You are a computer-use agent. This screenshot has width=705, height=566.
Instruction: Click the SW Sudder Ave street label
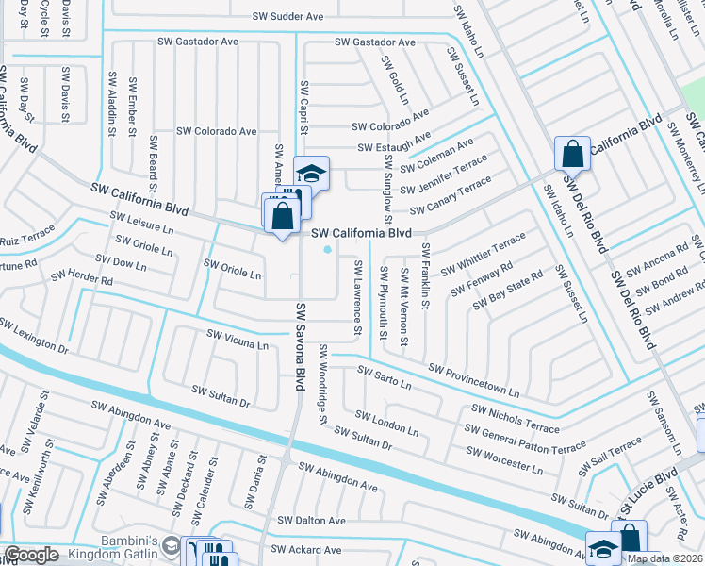[287, 16]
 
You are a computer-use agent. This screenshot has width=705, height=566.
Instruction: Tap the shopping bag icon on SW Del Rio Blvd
[572, 153]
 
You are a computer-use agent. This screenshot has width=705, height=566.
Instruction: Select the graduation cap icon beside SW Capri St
[311, 173]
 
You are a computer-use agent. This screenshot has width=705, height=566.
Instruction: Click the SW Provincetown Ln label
[473, 379]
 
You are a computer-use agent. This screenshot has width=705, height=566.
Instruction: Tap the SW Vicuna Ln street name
[238, 340]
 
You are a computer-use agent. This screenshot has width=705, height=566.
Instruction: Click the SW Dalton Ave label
[308, 521]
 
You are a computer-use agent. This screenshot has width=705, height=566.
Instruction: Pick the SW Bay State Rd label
[508, 290]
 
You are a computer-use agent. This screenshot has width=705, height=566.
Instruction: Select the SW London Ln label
[386, 422]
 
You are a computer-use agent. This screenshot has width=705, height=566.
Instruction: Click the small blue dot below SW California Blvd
[327, 250]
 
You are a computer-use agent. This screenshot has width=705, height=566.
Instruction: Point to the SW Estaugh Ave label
[394, 147]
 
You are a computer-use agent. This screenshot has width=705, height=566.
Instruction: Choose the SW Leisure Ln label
[142, 223]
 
